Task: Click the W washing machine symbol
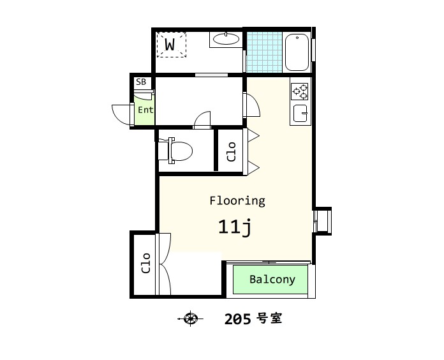(x=172, y=45)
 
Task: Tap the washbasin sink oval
(x=226, y=39)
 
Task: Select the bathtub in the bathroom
(x=297, y=52)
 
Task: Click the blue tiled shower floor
(x=264, y=52)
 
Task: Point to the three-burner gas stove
(x=300, y=91)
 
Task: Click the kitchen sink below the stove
(x=300, y=113)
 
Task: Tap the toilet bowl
(x=175, y=151)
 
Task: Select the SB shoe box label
(x=141, y=82)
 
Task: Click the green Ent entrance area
(x=144, y=110)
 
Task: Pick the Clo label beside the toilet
(x=232, y=152)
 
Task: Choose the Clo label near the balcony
(x=145, y=263)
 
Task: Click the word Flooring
(x=237, y=201)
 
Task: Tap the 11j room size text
(x=235, y=227)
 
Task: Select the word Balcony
(x=272, y=280)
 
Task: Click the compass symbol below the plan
(x=190, y=319)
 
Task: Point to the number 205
(x=237, y=319)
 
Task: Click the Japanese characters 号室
(x=269, y=319)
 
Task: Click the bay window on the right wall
(x=323, y=221)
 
